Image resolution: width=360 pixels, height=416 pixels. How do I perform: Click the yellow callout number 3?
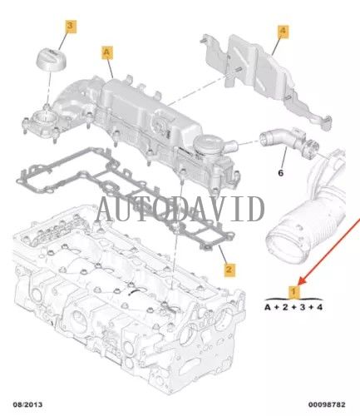(x=70, y=27)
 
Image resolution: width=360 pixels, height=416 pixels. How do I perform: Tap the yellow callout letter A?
(x=107, y=52)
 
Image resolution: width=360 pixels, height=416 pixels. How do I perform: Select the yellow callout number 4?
(x=283, y=31)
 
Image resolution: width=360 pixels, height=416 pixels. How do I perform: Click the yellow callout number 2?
(x=229, y=270)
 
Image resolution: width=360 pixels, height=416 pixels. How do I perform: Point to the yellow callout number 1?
(x=293, y=292)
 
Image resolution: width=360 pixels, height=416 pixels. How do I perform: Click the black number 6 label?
(x=281, y=173)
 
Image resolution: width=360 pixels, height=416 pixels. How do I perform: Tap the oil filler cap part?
(x=52, y=59)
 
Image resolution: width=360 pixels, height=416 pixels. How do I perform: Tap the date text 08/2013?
(x=28, y=404)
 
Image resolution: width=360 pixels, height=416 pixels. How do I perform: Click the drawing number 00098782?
(x=327, y=404)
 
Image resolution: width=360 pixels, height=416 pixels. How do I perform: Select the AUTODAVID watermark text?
(x=180, y=208)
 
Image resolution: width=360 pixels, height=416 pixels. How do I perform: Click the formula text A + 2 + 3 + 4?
(x=293, y=307)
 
